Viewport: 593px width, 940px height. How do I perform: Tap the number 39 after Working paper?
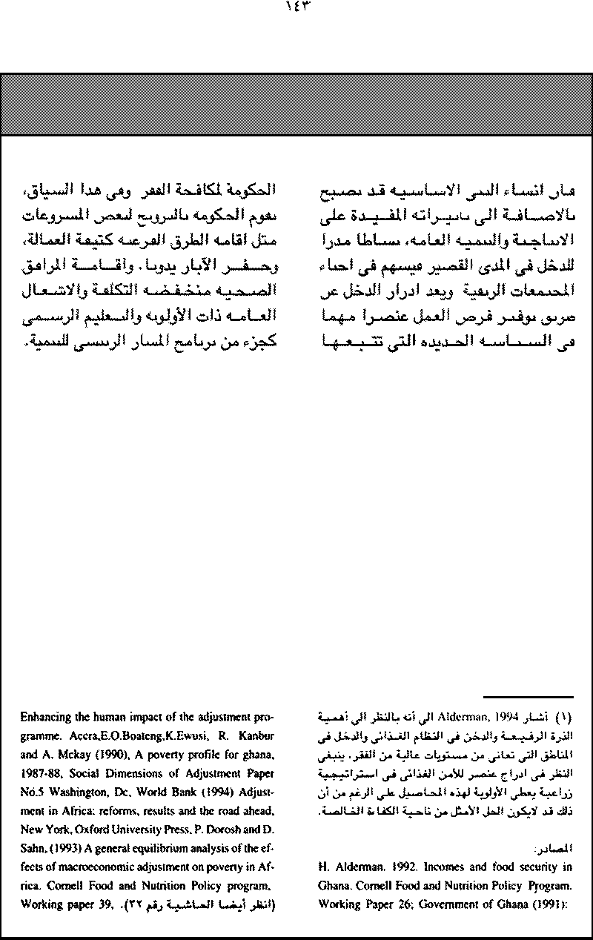(x=100, y=904)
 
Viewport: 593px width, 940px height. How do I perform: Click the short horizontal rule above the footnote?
(x=529, y=697)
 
